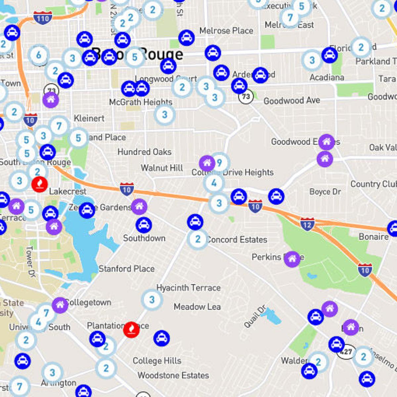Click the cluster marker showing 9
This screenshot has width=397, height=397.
coord(219,162)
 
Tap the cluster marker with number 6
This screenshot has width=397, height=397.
coord(39,55)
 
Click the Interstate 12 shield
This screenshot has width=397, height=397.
coord(307,224)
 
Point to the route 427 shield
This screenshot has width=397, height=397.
coord(346,352)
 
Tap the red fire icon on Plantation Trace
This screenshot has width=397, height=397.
coord(131,330)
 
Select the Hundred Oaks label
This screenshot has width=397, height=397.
coord(145,152)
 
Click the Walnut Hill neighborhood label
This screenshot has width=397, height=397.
coord(162,168)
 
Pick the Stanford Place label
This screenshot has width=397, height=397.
coord(126,269)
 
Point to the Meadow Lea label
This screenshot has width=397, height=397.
coord(197,307)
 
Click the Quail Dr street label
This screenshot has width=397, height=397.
coord(255,317)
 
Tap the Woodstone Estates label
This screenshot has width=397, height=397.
coord(173,375)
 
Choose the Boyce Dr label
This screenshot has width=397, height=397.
coord(325,192)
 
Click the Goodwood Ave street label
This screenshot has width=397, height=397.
coord(291,100)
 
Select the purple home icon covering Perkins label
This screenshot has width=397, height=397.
coord(292,259)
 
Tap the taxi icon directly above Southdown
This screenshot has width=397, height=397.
coord(144,225)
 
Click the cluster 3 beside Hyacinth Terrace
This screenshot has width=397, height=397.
coord(152,300)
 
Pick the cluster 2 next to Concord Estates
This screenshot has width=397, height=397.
coord(198,239)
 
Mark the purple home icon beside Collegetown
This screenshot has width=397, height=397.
coord(60,305)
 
